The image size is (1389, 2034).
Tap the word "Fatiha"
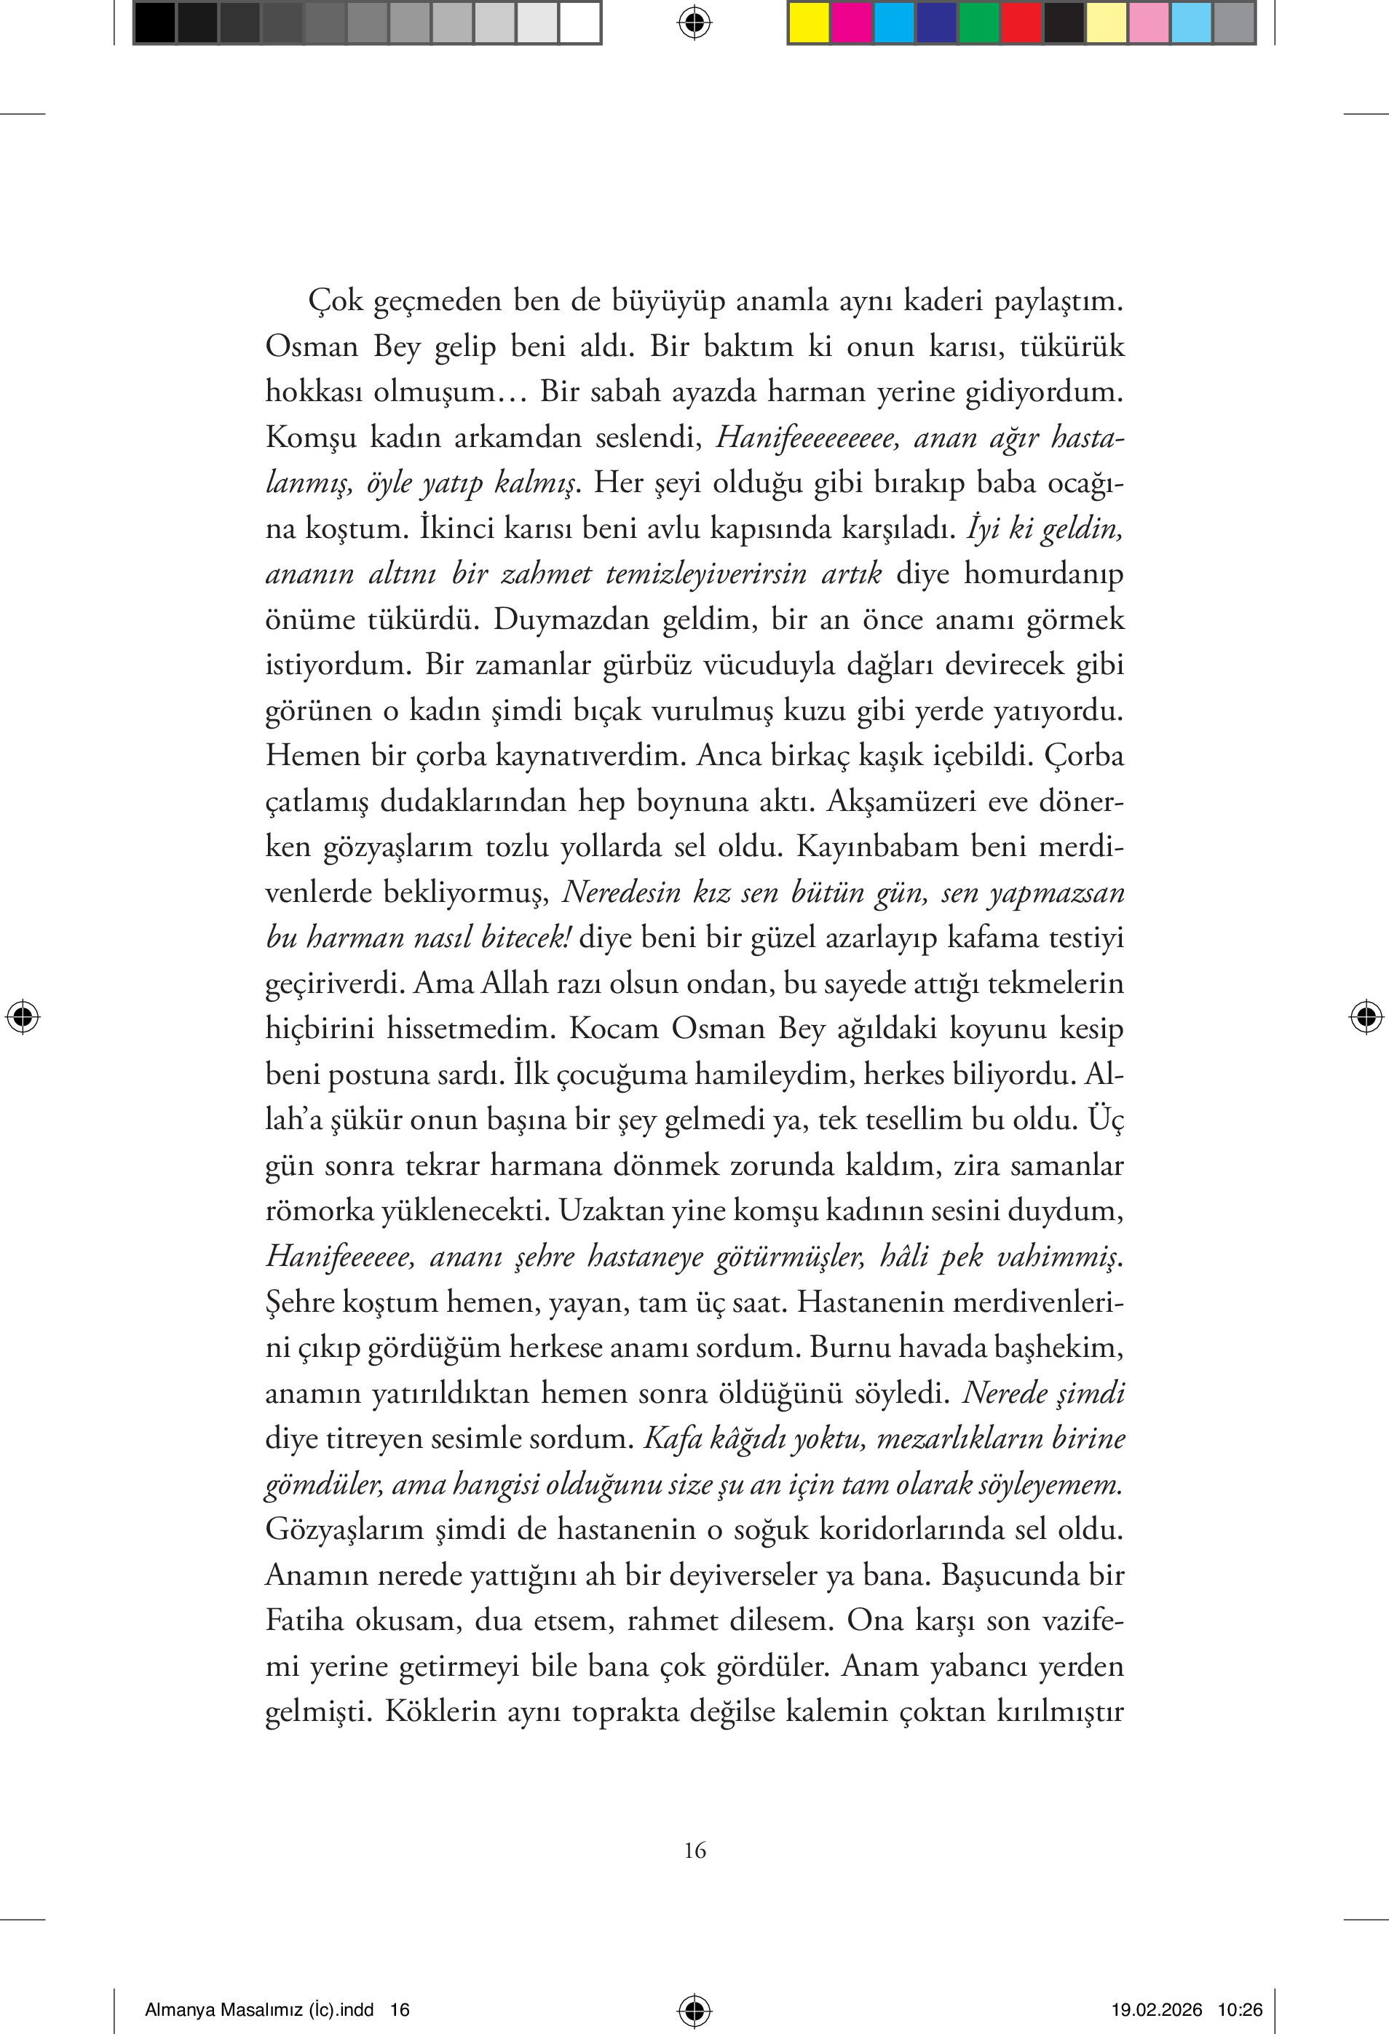(x=304, y=1620)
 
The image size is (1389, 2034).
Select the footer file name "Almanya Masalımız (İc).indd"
(x=259, y=2009)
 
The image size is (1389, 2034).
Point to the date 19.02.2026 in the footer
(x=1156, y=2009)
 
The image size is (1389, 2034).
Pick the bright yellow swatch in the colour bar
(x=809, y=23)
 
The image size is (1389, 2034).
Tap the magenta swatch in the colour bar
(x=851, y=23)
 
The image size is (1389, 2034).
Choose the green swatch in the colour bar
(x=978, y=23)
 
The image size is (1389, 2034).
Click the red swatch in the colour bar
(x=1021, y=23)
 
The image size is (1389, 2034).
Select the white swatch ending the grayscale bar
(x=579, y=23)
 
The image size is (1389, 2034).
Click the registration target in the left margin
(x=23, y=1016)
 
